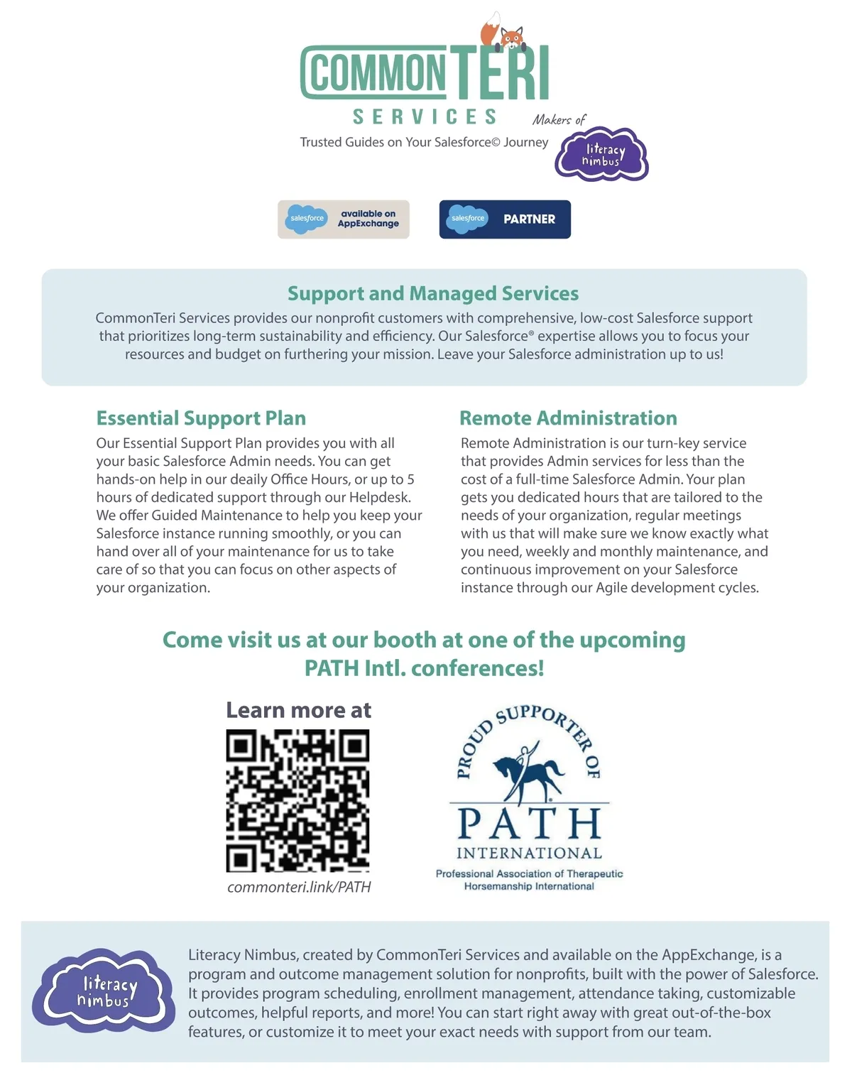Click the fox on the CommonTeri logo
(505, 33)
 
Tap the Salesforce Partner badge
(505, 219)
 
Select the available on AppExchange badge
(344, 219)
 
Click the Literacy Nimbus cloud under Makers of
(602, 155)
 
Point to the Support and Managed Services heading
(433, 293)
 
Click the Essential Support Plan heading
(201, 418)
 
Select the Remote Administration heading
(568, 418)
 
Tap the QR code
(298, 801)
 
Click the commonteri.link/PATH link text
(299, 887)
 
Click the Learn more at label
(298, 710)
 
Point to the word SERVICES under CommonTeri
(425, 116)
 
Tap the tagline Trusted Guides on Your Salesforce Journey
(424, 142)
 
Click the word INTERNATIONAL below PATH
(529, 853)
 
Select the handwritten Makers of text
(559, 119)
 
